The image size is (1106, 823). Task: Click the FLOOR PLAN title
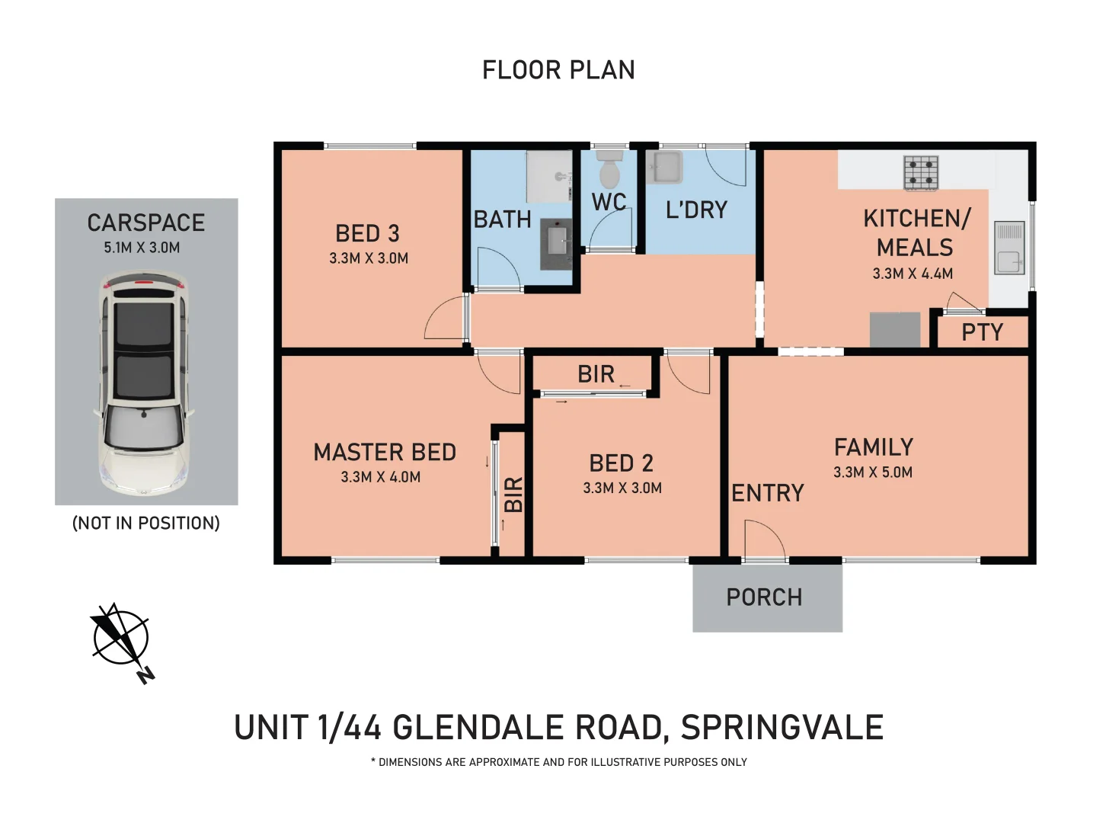(558, 70)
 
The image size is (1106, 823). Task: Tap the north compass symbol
(120, 639)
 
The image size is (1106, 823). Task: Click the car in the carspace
(143, 386)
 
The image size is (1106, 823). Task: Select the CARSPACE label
(145, 223)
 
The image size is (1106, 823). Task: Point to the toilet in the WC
(609, 169)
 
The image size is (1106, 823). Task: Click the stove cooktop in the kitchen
(921, 173)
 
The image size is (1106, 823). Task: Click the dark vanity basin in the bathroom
(557, 244)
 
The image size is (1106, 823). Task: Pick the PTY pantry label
(982, 332)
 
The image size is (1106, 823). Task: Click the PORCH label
(764, 597)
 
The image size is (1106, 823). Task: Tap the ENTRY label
(767, 494)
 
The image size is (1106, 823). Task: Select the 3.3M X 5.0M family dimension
(873, 472)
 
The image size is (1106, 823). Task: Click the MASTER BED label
(385, 453)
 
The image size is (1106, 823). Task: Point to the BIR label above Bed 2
(596, 374)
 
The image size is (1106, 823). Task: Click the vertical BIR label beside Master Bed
(514, 495)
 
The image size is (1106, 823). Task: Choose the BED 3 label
(367, 233)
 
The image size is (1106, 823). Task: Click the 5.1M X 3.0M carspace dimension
(142, 248)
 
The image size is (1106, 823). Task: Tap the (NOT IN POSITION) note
(145, 523)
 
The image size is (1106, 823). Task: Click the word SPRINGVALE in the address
(782, 728)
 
